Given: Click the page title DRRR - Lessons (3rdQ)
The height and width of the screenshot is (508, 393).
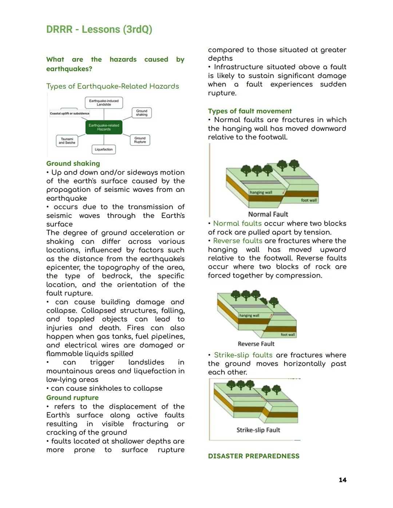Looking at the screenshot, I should (x=99, y=29).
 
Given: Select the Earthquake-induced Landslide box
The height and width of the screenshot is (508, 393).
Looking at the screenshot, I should (x=104, y=103).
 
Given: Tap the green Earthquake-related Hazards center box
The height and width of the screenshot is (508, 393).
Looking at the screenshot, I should (x=104, y=127).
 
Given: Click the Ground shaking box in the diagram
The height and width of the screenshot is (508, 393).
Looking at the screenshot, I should (x=142, y=113).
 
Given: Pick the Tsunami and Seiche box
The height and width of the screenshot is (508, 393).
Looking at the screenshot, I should (x=67, y=141).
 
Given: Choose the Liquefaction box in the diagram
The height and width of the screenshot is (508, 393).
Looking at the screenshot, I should (x=104, y=149).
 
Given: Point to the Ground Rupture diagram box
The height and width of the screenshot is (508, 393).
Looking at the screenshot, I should (x=140, y=140).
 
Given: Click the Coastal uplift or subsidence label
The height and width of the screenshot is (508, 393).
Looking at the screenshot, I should (x=70, y=113).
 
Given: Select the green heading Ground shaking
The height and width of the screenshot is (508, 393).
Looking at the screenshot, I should (x=73, y=164).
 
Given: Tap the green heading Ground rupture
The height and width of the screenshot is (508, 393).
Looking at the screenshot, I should (x=72, y=398).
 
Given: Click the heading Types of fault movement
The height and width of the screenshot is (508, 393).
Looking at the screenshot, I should (x=250, y=111).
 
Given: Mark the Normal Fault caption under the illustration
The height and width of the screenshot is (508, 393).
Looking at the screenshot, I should (x=268, y=215).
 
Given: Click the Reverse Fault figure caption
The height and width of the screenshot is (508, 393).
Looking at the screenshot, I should (x=256, y=344).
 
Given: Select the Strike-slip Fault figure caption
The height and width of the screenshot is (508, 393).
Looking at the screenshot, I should (x=258, y=430).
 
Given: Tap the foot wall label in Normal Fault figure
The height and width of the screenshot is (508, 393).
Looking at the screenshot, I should (x=309, y=200).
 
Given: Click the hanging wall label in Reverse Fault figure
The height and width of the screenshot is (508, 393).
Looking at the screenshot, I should (x=249, y=316).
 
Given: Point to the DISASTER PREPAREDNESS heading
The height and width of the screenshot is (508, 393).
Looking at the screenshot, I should (x=254, y=456).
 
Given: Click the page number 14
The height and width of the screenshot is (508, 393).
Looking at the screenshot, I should (x=342, y=480).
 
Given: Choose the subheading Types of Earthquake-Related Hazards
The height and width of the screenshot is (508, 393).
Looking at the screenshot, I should (x=112, y=87).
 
